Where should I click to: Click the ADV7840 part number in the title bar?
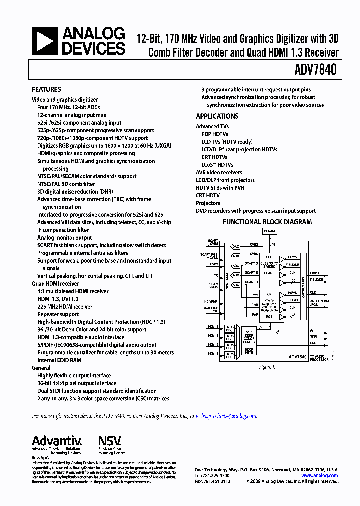coord(318,71)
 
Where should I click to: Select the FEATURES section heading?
coord(46,89)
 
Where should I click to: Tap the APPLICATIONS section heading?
coord(217,116)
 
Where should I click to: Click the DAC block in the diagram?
coord(236,247)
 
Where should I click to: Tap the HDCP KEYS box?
coord(249,352)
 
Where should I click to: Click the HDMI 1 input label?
coord(213,327)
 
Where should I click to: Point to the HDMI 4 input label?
coord(213,353)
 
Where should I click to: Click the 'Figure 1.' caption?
coord(266,367)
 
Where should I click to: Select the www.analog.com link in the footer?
coord(319,475)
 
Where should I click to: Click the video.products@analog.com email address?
coord(226,416)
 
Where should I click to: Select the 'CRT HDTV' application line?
coord(208,195)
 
